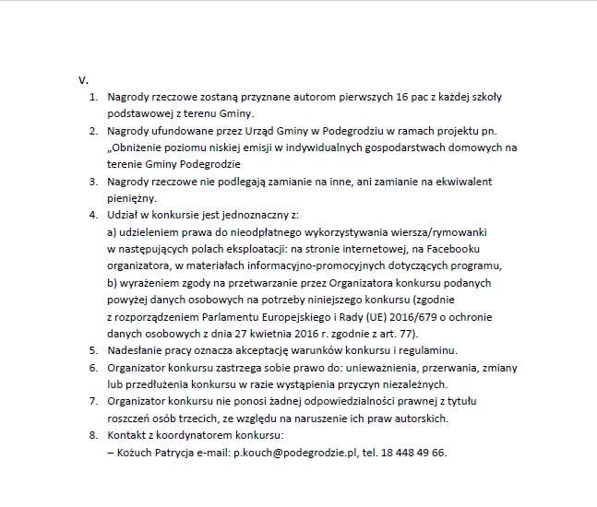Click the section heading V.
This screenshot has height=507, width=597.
[82, 80]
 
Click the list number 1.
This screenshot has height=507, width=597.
[92, 96]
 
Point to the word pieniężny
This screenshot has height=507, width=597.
[132, 197]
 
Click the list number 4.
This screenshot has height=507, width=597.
[92, 215]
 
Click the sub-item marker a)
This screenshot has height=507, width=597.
[114, 231]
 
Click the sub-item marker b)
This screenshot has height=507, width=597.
[114, 282]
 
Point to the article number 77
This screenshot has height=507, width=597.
[408, 333]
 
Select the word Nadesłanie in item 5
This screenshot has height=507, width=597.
[135, 350]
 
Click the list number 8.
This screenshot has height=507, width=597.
[92, 435]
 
